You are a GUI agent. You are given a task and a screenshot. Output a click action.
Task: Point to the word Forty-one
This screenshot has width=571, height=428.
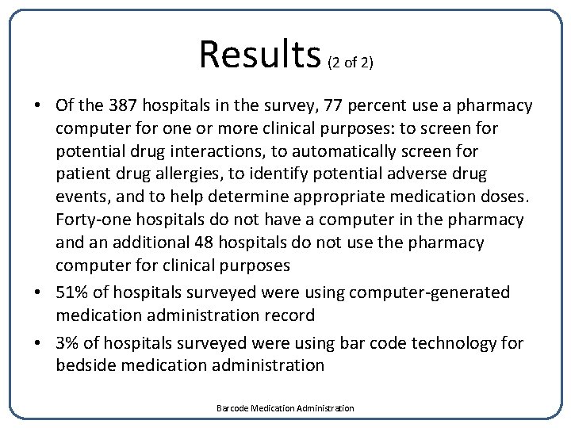(90, 220)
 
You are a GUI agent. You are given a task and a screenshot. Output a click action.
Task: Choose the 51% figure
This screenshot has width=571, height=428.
(73, 292)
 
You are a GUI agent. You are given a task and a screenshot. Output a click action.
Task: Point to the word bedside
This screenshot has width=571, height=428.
(86, 365)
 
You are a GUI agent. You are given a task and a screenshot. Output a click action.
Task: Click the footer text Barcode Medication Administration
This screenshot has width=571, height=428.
(285, 408)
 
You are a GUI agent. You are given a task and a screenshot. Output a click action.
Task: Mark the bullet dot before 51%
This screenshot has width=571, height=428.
(38, 292)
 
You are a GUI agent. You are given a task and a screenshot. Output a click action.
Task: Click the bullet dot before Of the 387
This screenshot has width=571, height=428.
(38, 106)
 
